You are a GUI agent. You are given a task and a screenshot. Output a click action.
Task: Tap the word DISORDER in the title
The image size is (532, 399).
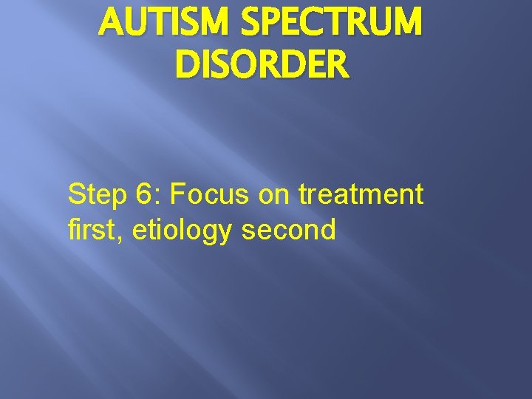(261, 65)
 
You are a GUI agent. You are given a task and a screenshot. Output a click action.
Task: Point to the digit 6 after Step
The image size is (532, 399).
(143, 195)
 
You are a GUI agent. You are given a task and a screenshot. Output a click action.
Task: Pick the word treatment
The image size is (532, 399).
(361, 196)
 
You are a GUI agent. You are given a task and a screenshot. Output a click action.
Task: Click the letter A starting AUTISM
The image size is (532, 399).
(110, 24)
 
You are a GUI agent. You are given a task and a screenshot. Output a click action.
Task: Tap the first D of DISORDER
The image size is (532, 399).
(187, 65)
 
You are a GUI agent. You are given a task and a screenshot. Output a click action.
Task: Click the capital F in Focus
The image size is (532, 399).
(178, 195)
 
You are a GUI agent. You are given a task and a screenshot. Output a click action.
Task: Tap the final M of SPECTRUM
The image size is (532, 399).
(408, 24)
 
